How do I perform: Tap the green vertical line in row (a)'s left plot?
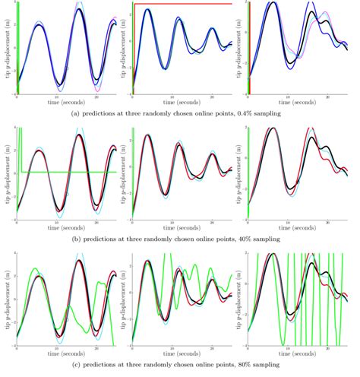(17, 46)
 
